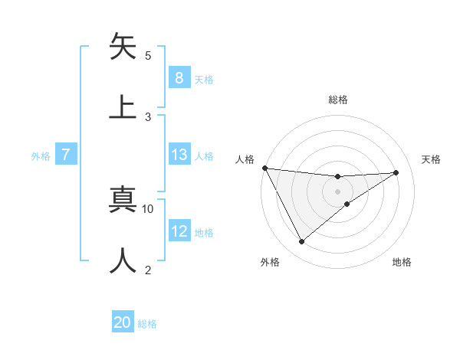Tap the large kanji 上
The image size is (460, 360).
[x=123, y=106]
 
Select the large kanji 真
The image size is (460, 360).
[x=123, y=198]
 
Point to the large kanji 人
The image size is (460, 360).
[x=123, y=260]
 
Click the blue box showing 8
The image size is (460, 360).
[x=179, y=77]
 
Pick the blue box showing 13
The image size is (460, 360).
[x=179, y=155]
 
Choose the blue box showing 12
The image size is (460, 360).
[x=179, y=231]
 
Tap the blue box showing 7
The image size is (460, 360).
[x=66, y=155]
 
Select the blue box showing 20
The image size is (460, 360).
[x=123, y=322]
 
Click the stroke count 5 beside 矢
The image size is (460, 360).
[x=148, y=55]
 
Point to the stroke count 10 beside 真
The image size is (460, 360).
[x=148, y=208]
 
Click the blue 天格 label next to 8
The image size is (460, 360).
[x=204, y=79]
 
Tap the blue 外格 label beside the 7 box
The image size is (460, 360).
[x=41, y=155]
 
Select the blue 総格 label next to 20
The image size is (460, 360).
[x=147, y=324]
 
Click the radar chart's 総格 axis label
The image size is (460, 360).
[x=337, y=100]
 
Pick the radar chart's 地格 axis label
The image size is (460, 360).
[x=402, y=263]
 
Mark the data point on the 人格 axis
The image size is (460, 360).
[x=264, y=168]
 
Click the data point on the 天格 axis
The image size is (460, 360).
[x=396, y=172]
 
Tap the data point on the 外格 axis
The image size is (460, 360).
[x=301, y=242]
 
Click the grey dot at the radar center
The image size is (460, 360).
[x=337, y=191]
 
